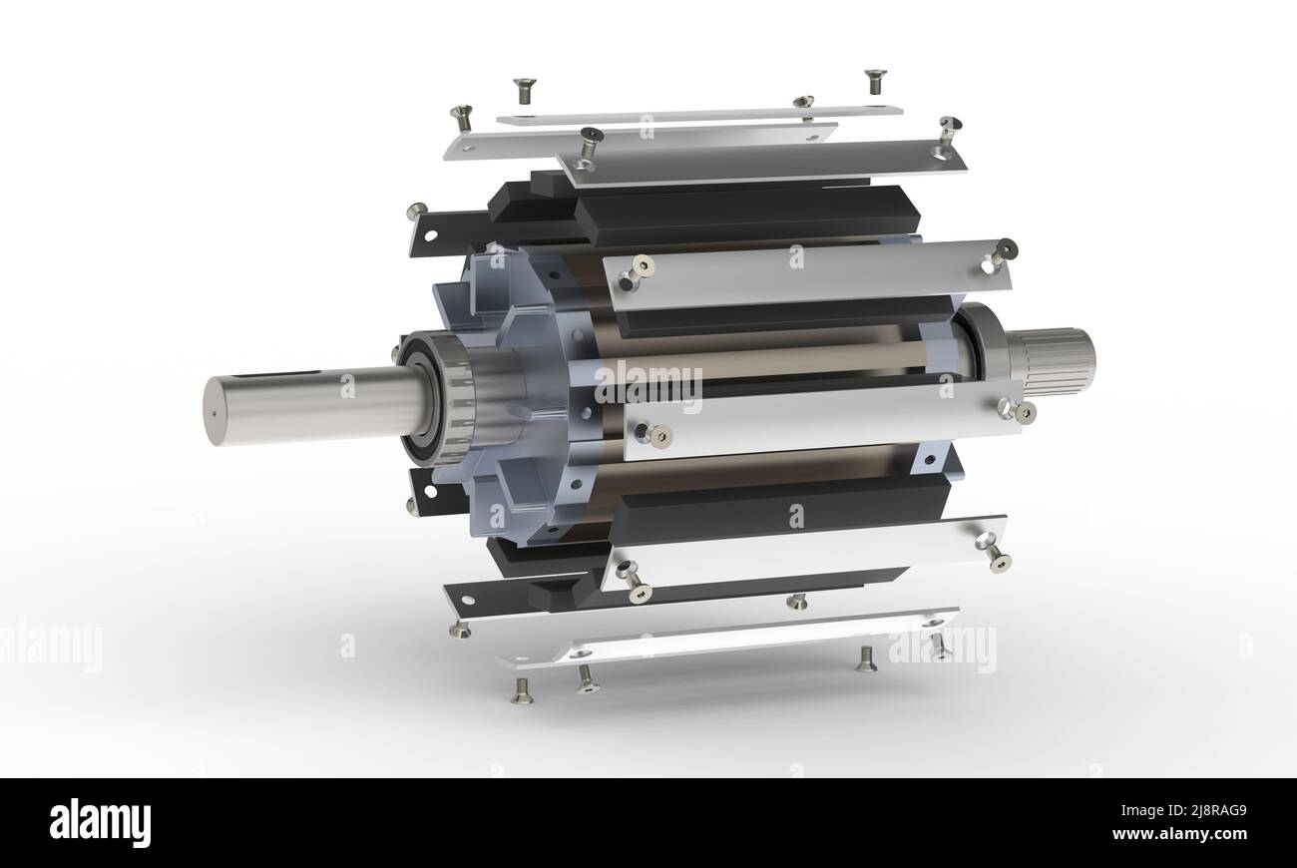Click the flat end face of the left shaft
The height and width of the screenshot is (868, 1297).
(214, 411)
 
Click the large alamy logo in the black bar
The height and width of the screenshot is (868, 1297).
(100, 823)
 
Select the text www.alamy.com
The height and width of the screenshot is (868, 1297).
(1178, 833)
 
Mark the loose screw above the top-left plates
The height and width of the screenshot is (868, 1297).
(524, 89)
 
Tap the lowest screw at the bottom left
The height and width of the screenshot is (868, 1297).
(521, 690)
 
